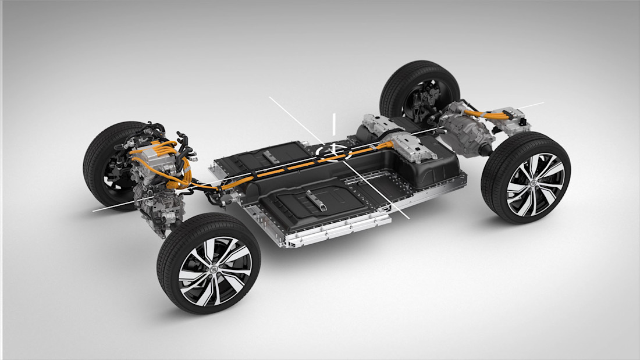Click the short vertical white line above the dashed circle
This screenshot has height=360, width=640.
point(333,123)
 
